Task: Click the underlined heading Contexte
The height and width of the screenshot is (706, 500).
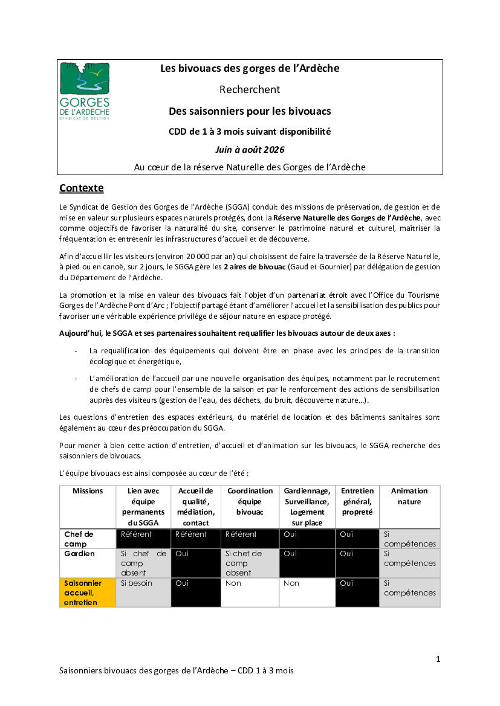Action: point(81,188)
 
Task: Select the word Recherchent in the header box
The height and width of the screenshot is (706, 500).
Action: point(250,89)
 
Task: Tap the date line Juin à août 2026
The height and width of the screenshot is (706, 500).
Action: point(250,149)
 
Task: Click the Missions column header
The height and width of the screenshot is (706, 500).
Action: point(88,491)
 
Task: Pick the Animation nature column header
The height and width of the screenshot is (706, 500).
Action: point(409,496)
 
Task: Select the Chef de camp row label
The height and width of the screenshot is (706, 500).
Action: point(79,539)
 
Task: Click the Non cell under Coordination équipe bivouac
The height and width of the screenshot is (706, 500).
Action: point(233,583)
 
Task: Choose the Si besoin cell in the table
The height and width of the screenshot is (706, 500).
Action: point(137,583)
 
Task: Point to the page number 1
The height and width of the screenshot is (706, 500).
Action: point(438,659)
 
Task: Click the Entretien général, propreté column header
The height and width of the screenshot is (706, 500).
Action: point(357,501)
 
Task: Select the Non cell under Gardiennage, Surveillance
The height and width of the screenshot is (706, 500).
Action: point(291,583)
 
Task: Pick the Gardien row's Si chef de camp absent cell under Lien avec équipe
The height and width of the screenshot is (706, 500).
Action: point(143,563)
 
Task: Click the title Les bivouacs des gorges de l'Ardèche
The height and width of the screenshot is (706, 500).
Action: point(250,68)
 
